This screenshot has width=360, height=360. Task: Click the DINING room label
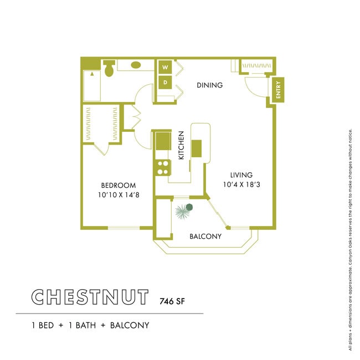(x=210, y=85)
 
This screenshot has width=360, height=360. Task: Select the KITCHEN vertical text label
(x=181, y=145)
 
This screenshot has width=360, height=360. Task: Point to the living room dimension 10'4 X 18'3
(x=241, y=185)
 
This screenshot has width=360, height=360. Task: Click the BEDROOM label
(x=118, y=185)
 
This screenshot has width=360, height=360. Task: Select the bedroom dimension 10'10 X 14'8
(x=118, y=195)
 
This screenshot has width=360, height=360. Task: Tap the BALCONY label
(x=205, y=236)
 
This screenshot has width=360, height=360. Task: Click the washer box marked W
(x=164, y=68)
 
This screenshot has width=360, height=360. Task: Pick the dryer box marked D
(x=164, y=83)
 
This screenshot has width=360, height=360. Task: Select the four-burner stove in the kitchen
(x=162, y=168)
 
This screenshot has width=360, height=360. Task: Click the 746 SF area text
(x=172, y=301)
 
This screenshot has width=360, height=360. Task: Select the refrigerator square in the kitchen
(x=163, y=141)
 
